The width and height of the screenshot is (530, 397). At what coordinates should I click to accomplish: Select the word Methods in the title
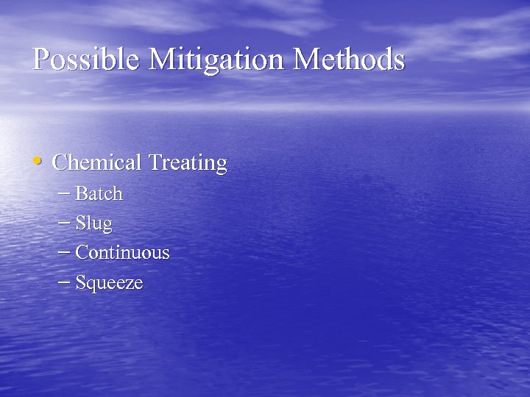point(349,59)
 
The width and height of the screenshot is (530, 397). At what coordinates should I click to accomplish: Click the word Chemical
point(98,162)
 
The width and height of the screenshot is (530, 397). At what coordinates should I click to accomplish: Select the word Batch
point(99,194)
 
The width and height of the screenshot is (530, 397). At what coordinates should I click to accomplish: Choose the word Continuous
point(123,253)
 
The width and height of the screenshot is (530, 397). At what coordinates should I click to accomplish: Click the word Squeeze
point(110,283)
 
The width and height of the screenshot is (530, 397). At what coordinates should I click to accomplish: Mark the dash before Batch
point(64,194)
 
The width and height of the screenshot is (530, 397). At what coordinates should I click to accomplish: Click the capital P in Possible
point(40,59)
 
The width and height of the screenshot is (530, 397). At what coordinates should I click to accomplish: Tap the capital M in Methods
point(307,59)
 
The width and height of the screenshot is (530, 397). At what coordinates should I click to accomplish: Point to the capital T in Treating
point(155,162)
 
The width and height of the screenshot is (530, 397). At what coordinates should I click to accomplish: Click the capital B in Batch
point(82,194)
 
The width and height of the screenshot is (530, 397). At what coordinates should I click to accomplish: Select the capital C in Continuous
point(82,253)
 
